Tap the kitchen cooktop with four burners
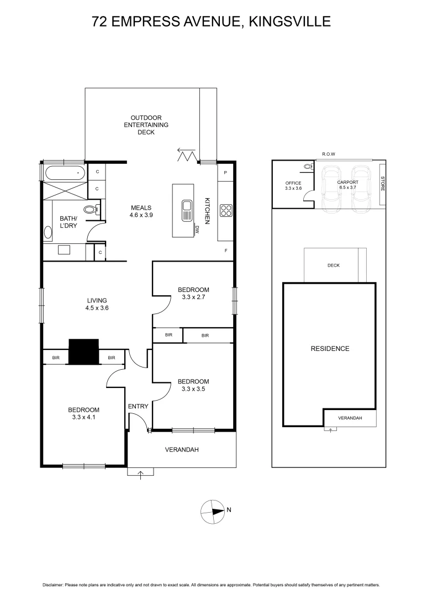point(226,210)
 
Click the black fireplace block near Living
point(83,352)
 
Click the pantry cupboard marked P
point(225,173)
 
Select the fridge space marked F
point(225,251)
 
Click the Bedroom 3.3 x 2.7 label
point(193,294)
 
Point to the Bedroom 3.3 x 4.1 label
point(83,413)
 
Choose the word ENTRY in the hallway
point(138,407)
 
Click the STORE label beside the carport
point(382,183)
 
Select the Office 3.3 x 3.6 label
point(293,185)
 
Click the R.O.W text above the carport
point(329,155)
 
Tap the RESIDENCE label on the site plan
point(330,348)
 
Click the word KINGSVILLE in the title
point(290,22)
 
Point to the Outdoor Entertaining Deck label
point(146,125)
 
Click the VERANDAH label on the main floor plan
point(182,450)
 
